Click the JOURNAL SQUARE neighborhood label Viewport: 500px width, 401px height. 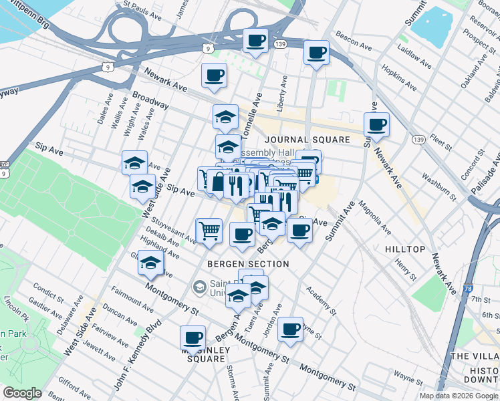307,140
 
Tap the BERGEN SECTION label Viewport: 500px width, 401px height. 248,264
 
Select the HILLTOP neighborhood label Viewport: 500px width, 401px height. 405,249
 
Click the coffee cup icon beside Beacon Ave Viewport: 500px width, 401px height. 316,52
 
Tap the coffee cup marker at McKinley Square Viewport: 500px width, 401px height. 193,338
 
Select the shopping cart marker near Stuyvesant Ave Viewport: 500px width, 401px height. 209,230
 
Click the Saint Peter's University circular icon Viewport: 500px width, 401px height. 199,287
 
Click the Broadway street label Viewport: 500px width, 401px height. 150,101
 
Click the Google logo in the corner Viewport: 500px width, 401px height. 22,393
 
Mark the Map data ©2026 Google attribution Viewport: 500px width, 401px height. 458,396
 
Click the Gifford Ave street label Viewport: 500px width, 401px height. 74,383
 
